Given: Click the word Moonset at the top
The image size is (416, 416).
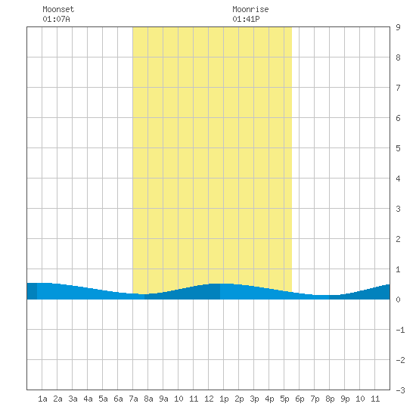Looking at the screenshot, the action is point(58,9).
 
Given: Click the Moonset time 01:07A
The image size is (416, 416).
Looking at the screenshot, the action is point(56,19).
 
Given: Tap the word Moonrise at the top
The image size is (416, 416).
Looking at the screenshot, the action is point(250,9).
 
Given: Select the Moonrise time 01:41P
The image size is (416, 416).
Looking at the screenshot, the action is point(246,19).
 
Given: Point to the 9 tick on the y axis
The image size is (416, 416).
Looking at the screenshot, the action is point(398,27).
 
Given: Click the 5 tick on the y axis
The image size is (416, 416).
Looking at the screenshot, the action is point(398,148).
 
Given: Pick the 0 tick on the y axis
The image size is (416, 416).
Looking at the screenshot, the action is point(398,300).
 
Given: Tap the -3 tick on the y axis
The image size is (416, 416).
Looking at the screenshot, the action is point(400,390).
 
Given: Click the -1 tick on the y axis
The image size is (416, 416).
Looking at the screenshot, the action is point(400,330).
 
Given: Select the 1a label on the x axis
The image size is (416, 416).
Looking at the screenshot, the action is point(42,399).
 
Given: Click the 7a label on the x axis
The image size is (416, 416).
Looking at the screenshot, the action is point(133,399).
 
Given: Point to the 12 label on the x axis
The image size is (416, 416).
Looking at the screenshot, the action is point(209,399).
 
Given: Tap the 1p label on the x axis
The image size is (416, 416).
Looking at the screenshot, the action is point(224,399).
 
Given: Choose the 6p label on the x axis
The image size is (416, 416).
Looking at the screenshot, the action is point(300,399).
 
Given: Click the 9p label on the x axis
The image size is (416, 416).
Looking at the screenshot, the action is point(345,399).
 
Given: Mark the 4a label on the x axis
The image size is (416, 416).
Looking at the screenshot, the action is point(88,399).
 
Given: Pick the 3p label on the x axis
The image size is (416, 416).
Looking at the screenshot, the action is point(254,399).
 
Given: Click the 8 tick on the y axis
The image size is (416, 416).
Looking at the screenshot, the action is point(398,57).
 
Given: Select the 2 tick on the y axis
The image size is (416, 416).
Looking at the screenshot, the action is point(398,239).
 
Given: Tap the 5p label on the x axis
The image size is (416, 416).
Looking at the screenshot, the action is point(284,399).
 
